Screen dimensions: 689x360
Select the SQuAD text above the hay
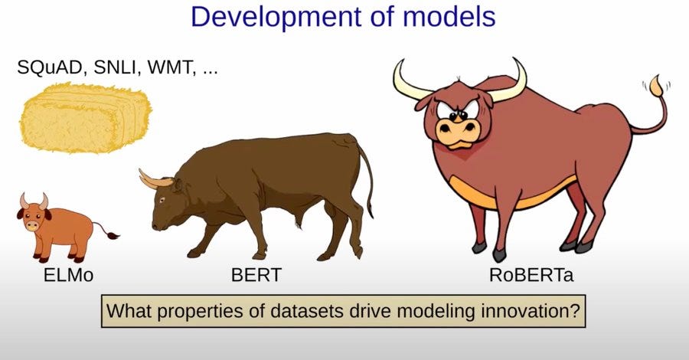pyautogui.click(x=49, y=67)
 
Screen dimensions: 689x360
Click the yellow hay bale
pyautogui.click(x=85, y=118)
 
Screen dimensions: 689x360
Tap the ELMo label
pyautogui.click(x=69, y=275)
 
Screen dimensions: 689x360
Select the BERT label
pyautogui.click(x=256, y=275)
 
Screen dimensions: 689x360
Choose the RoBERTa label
pyautogui.click(x=531, y=275)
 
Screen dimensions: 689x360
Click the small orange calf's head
pyautogui.click(x=34, y=214)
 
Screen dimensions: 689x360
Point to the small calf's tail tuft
pyautogui.click(x=113, y=236)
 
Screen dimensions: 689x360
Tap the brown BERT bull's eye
pyautogui.click(x=162, y=201)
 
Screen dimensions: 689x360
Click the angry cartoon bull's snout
pyautogui.click(x=458, y=130)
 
